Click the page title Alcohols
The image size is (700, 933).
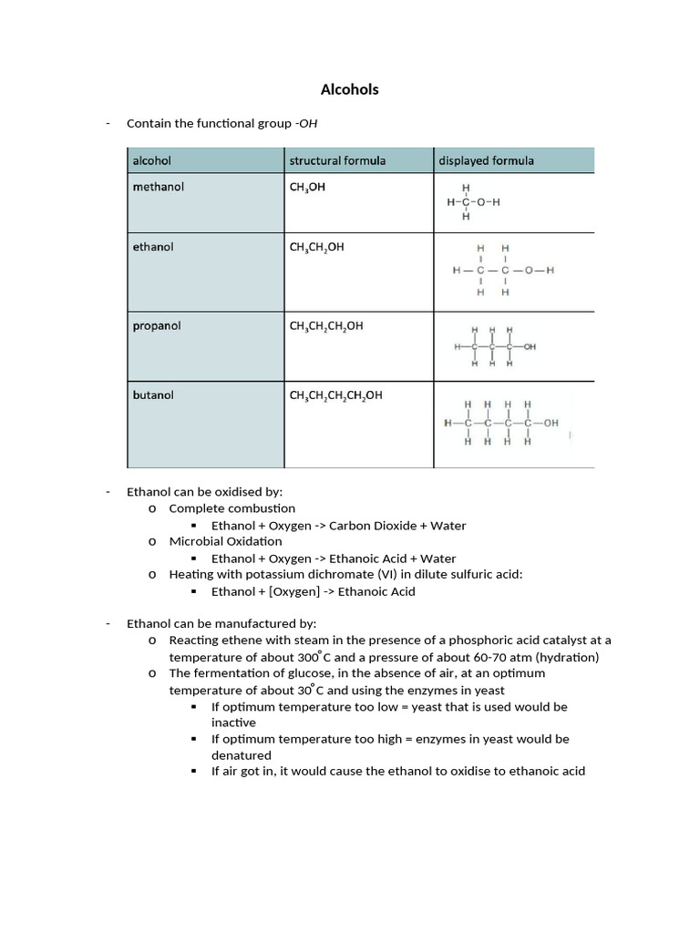click(349, 89)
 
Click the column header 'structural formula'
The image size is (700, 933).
click(337, 160)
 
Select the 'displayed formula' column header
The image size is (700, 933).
click(486, 160)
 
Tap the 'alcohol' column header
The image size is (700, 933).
click(152, 160)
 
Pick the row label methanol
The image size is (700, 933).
click(159, 187)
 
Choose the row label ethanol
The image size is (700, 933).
click(153, 247)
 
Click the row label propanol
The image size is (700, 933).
click(157, 325)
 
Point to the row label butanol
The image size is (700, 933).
click(153, 395)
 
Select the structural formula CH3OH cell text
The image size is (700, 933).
click(307, 188)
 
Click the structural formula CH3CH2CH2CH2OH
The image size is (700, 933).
click(335, 396)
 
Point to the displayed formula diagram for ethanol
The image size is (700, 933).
click(502, 271)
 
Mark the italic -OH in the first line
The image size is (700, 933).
click(307, 123)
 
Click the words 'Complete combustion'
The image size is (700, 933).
click(232, 508)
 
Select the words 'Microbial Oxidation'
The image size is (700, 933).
click(226, 541)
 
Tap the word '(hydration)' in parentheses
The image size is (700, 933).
click(568, 657)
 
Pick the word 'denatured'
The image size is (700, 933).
click(242, 755)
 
